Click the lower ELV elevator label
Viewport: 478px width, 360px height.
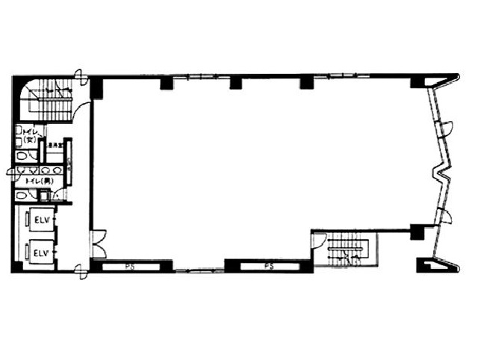click(x=40, y=253)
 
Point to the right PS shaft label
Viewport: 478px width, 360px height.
click(x=267, y=265)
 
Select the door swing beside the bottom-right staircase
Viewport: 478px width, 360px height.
click(x=319, y=240)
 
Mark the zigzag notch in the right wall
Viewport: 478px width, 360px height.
click(x=442, y=176)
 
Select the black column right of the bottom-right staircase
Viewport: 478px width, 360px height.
click(x=417, y=232)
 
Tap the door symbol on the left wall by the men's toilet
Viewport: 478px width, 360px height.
click(x=12, y=172)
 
